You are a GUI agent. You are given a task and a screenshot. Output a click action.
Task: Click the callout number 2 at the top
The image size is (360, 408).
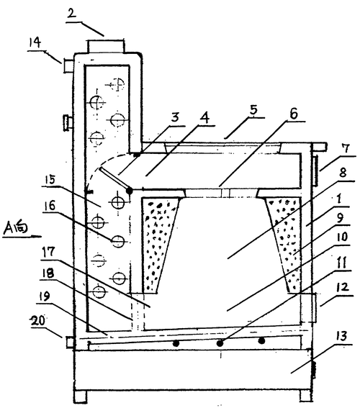71,13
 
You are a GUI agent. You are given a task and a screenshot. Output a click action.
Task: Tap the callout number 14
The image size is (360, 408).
35,42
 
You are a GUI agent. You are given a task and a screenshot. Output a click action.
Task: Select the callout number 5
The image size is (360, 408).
253,110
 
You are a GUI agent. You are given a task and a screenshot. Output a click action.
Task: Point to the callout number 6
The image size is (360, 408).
294,114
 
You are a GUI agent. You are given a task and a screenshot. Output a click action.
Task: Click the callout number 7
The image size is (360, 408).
346,149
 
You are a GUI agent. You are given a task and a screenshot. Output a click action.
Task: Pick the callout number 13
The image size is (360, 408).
342,336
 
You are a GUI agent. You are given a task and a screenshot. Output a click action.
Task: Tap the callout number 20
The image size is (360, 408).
38,321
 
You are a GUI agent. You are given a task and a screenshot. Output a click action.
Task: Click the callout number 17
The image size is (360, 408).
49,252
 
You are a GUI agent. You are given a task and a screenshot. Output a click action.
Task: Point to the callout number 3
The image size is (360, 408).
175,117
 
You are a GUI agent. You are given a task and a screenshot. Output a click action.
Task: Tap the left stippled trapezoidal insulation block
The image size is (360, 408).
160,245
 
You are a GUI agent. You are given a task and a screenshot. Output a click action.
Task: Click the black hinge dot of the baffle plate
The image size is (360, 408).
129,191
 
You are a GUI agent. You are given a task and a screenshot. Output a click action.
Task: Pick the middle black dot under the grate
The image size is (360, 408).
220,343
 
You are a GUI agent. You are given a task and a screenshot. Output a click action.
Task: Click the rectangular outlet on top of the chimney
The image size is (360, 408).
106,46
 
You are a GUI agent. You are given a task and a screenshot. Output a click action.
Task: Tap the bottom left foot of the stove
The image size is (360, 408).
80,396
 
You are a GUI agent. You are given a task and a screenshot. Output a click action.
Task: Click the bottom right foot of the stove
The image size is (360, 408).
305,396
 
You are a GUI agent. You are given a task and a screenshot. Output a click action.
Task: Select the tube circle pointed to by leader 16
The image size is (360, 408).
118,242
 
